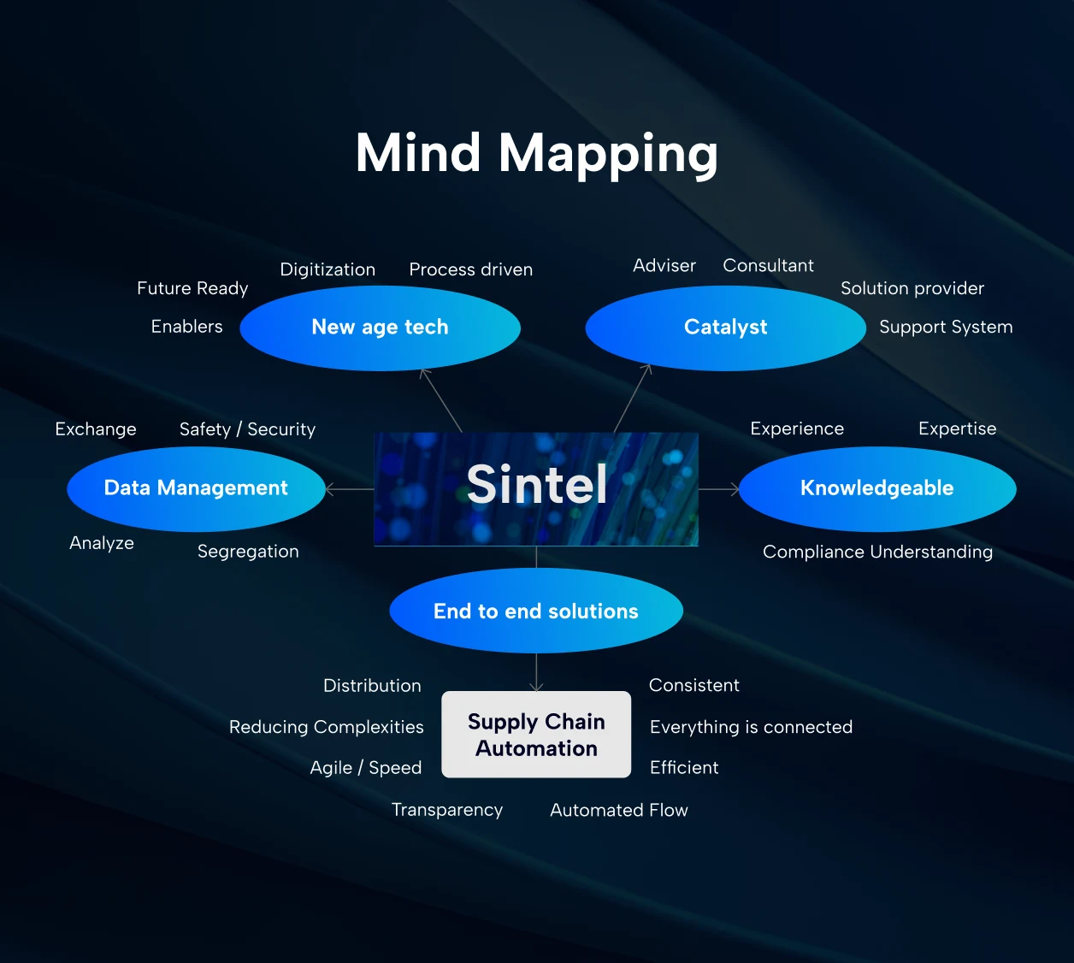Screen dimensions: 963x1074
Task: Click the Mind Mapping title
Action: pos(536,154)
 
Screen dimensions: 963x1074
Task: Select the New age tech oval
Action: pos(380,328)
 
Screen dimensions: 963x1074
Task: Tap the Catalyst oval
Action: pos(725,328)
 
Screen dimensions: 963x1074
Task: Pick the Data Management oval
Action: pos(196,488)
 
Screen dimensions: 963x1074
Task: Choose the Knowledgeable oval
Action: pos(876,488)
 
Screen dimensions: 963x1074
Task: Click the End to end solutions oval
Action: pos(535,611)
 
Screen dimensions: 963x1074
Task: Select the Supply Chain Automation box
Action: pos(536,735)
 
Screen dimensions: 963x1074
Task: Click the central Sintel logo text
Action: pos(536,485)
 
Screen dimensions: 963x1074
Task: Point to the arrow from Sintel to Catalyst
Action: pos(633,399)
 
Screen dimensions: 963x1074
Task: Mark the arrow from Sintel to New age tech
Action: pos(441,400)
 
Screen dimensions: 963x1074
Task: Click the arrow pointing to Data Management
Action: pos(349,489)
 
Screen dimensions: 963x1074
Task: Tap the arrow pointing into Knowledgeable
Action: pos(719,489)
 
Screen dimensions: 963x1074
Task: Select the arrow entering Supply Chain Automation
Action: pos(536,672)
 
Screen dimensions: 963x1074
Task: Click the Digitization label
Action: pos(328,269)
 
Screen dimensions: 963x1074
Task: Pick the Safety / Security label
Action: pos(247,429)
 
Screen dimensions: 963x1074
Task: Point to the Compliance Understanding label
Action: pos(877,552)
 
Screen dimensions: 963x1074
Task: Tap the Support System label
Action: pos(946,327)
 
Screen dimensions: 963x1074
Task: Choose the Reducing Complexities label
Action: pos(326,727)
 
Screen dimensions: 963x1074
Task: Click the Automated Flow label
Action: pos(618,810)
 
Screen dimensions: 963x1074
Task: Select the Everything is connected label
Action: pos(751,727)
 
